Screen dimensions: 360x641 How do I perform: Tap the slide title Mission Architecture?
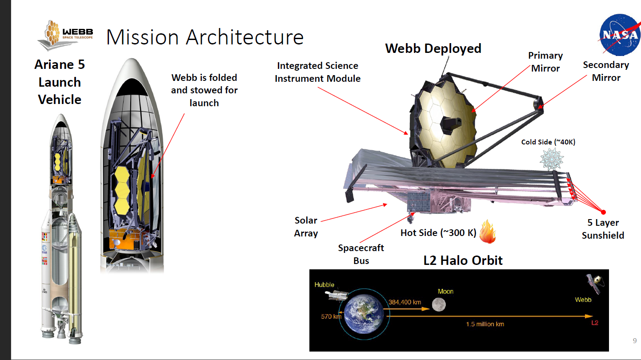pyautogui.click(x=204, y=37)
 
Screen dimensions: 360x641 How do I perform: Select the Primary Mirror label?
pyautogui.click(x=545, y=62)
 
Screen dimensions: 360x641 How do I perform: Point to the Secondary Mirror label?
pyautogui.click(x=606, y=71)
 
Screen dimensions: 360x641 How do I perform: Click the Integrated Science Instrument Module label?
pyautogui.click(x=317, y=72)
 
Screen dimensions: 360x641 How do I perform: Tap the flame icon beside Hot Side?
pyautogui.click(x=488, y=232)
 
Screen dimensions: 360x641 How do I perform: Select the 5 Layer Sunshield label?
pyautogui.click(x=603, y=229)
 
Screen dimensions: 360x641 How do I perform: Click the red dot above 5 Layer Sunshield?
pyautogui.click(x=604, y=212)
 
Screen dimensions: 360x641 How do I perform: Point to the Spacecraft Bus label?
pyautogui.click(x=361, y=254)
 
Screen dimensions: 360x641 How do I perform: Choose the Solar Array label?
pyautogui.click(x=306, y=227)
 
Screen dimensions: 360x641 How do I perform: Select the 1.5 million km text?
pyautogui.click(x=485, y=324)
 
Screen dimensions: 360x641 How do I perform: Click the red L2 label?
pyautogui.click(x=595, y=323)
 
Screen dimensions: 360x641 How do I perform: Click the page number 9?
pyautogui.click(x=634, y=341)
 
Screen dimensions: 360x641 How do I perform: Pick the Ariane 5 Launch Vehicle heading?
pyautogui.click(x=60, y=82)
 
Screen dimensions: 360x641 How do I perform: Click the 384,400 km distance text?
pyautogui.click(x=405, y=302)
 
